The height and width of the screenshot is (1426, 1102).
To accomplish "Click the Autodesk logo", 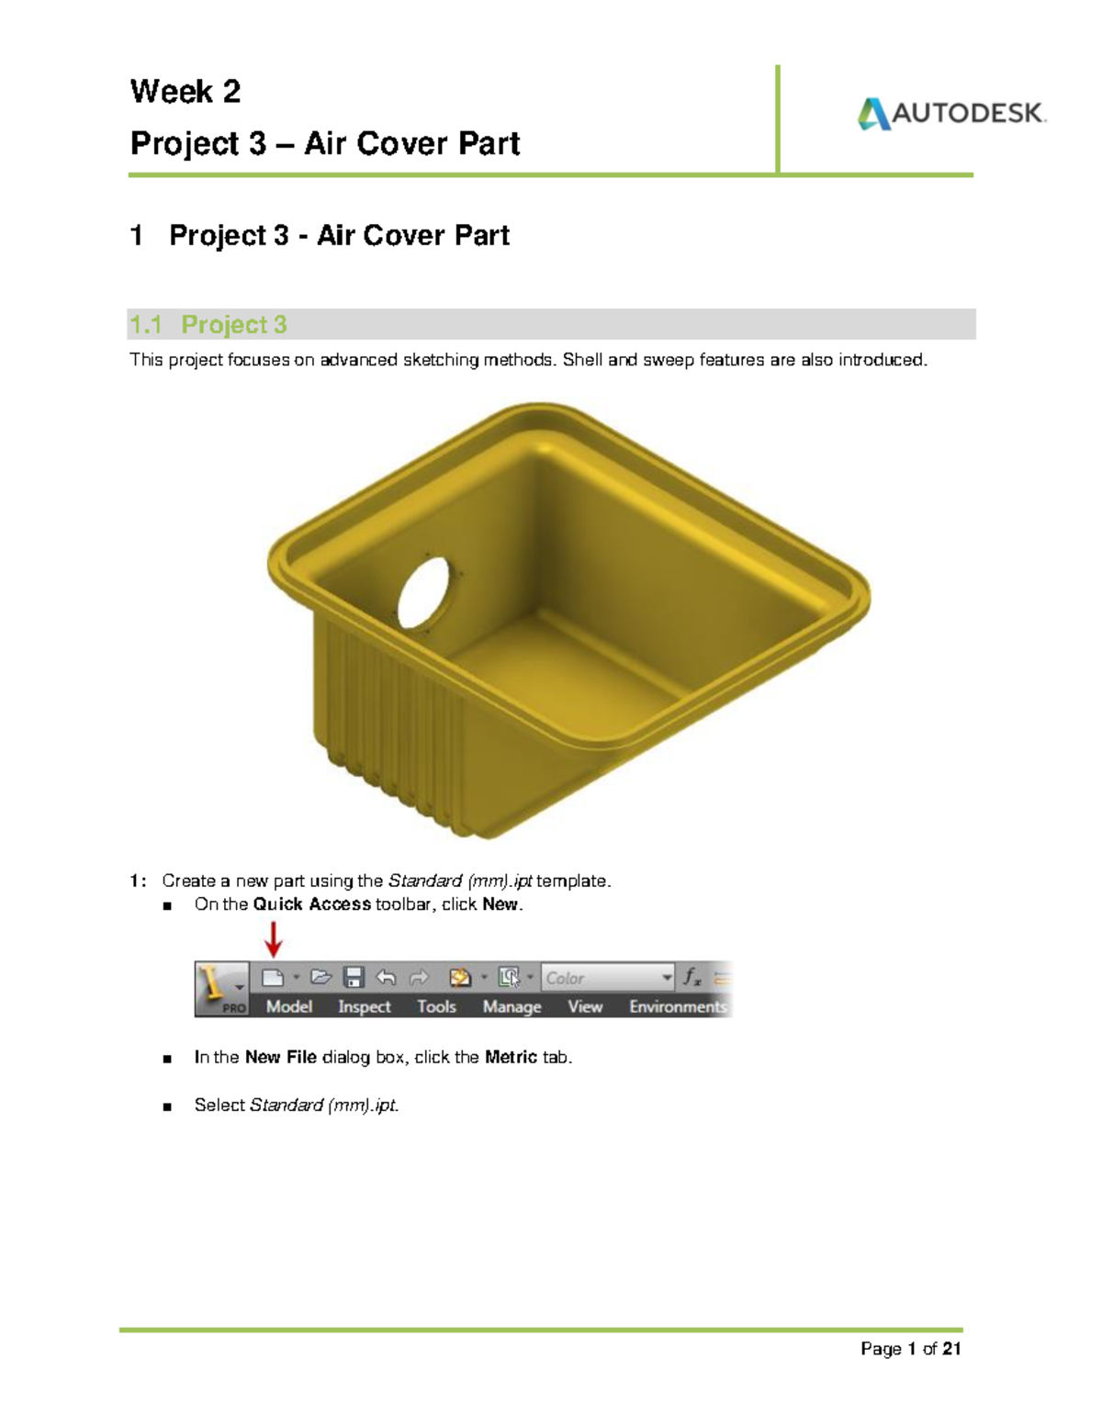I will [x=951, y=114].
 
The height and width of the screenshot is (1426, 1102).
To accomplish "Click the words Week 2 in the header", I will [x=186, y=92].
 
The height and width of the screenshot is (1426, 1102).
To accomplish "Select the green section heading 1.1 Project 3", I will [x=208, y=325].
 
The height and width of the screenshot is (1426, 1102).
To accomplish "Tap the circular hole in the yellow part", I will [x=423, y=592].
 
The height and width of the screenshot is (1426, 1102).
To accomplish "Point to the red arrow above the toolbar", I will [x=273, y=938].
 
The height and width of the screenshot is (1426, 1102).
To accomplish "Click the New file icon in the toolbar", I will [x=273, y=978].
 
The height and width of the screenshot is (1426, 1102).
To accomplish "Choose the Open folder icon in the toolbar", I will [x=320, y=978].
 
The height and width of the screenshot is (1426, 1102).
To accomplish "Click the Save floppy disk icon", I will [x=354, y=978].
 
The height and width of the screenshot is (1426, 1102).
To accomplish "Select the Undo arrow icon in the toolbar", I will [x=387, y=978].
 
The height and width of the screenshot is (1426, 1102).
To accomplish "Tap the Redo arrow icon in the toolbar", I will [x=419, y=978].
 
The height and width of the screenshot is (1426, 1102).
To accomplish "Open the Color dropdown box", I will [x=608, y=978].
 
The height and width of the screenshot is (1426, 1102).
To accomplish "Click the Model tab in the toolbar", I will [x=289, y=1007].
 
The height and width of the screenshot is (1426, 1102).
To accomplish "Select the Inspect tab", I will [x=365, y=1007].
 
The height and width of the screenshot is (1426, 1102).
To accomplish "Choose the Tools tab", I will [x=436, y=1007].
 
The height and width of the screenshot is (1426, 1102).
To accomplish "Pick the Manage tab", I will [x=512, y=1007].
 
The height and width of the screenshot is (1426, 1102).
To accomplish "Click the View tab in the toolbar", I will [x=585, y=1007].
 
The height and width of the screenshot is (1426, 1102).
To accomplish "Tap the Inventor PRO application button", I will [x=221, y=989].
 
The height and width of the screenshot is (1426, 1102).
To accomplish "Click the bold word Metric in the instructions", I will [x=511, y=1058].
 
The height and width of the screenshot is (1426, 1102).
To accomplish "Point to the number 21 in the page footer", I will [x=951, y=1349].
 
